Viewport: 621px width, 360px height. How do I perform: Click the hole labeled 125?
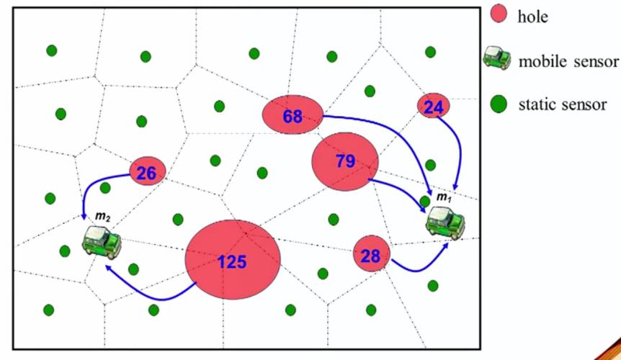tap(233, 259)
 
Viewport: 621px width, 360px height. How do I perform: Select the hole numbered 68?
tap(293, 114)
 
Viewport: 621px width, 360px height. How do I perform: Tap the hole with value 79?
tap(345, 161)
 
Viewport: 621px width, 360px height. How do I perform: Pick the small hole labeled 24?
tap(434, 106)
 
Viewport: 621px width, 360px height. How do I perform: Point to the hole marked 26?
tap(148, 171)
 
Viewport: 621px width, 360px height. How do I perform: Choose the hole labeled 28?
tap(372, 253)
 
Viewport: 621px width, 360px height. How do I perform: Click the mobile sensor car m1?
tap(445, 223)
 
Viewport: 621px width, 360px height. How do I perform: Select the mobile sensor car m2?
tap(102, 242)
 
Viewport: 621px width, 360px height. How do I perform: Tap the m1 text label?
tap(444, 197)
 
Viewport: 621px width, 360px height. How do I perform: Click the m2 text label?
tap(102, 217)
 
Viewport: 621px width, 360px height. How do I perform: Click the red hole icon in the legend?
tap(499, 14)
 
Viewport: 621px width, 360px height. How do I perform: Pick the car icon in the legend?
tap(497, 58)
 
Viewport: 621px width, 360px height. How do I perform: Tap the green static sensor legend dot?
tap(499, 104)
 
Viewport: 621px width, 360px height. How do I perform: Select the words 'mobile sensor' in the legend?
tap(568, 61)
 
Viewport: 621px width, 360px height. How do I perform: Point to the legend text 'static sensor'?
tap(563, 104)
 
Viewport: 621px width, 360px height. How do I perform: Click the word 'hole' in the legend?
tap(532, 17)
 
